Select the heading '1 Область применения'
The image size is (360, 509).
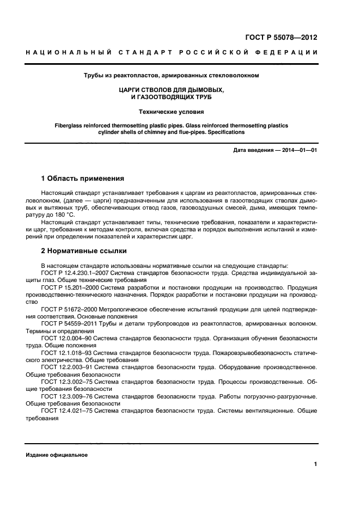click(x=83, y=178)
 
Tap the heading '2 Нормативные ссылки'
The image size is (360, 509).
click(x=84, y=251)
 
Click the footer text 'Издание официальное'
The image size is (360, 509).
click(x=57, y=455)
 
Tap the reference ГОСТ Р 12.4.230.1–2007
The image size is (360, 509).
click(x=76, y=271)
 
